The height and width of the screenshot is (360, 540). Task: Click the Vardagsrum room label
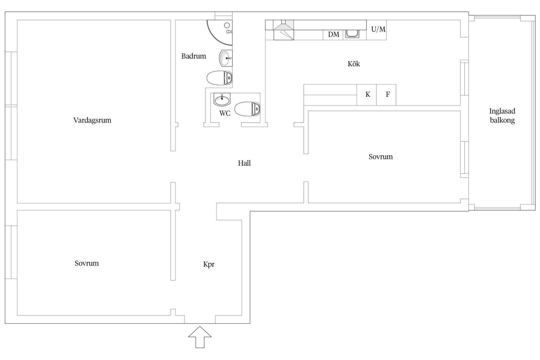92,120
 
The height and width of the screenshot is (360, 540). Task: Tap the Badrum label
193,56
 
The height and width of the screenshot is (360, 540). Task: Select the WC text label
225,113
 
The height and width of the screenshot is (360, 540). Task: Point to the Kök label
354,64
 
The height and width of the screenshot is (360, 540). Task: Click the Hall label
244,163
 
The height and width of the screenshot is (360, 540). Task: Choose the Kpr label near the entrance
209,264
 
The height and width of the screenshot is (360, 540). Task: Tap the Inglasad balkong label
502,116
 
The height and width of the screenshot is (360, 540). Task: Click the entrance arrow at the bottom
200,337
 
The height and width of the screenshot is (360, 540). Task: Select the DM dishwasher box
333,35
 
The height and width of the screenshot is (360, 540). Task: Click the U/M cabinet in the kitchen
377,30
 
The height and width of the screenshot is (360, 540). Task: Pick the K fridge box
367,95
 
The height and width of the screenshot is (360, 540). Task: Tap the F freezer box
386,95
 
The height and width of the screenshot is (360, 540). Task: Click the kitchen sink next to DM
352,34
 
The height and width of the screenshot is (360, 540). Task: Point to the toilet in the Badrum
220,78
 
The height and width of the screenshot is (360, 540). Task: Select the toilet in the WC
247,109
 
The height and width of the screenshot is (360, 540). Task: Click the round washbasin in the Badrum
226,58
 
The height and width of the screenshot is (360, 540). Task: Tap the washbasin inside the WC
222,99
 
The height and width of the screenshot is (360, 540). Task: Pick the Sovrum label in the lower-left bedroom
87,264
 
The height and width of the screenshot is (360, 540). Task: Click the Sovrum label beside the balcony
381,157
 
